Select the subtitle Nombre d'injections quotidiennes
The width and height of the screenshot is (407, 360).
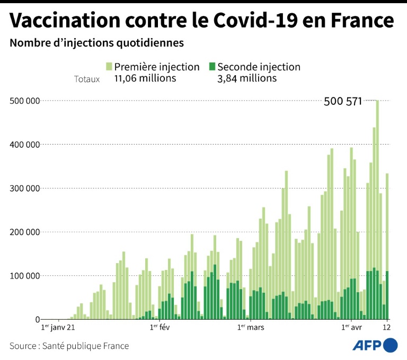[x=97, y=42]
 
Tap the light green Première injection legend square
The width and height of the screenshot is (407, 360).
[x=109, y=67]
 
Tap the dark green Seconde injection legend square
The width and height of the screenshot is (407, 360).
[x=212, y=67]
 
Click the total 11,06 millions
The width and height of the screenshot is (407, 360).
[x=145, y=78]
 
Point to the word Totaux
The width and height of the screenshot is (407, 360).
[x=87, y=79]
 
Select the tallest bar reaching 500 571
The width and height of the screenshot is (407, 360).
[x=377, y=212]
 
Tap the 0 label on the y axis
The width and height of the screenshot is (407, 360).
[x=38, y=320]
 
